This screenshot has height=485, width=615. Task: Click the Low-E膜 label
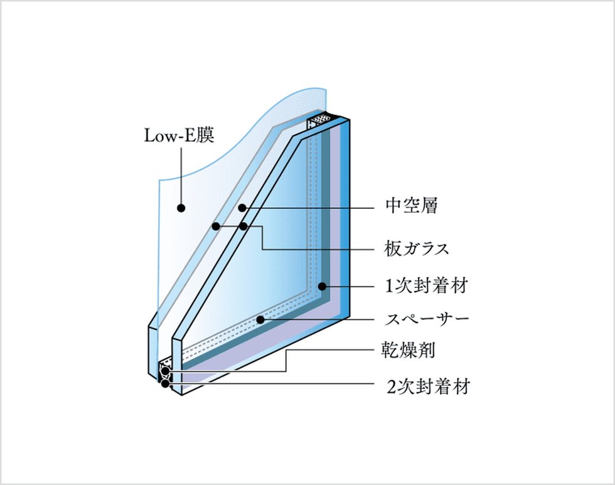(x=179, y=136)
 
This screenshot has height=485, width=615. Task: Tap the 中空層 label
(x=412, y=205)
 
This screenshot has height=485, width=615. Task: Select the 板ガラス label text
(x=416, y=248)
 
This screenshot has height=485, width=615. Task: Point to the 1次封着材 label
(x=426, y=285)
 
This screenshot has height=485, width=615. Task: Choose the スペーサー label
(x=427, y=319)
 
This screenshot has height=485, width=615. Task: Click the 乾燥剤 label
(x=409, y=349)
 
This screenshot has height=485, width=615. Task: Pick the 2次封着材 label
(x=428, y=386)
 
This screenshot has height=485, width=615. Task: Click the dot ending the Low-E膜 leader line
(x=181, y=208)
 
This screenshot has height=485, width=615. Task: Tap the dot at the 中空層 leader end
(x=242, y=208)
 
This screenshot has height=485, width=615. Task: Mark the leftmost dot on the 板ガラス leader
(x=216, y=227)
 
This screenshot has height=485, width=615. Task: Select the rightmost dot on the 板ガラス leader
(x=243, y=227)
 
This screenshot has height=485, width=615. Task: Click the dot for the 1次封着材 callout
(x=322, y=286)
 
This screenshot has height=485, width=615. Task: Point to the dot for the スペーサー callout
(x=260, y=320)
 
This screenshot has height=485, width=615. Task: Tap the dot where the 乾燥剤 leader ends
(x=166, y=371)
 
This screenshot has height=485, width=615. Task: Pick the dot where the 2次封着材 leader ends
(x=166, y=383)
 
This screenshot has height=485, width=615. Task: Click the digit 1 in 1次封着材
(x=388, y=286)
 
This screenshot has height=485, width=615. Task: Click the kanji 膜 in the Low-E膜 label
(x=205, y=136)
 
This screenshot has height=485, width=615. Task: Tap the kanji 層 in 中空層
(x=429, y=205)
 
